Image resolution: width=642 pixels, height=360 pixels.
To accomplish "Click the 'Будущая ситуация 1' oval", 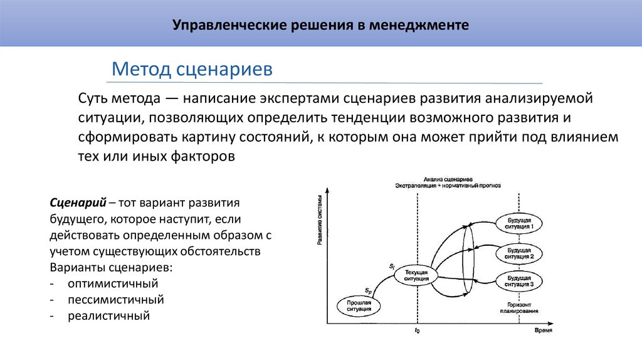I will click(x=520, y=224).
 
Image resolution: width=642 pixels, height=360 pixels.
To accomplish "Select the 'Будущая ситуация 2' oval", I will click(x=520, y=253).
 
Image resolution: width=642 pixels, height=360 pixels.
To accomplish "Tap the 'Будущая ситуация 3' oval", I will click(x=520, y=281).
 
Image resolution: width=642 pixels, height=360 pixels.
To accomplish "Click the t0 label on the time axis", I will click(x=417, y=331).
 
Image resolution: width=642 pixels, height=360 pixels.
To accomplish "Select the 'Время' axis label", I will click(x=543, y=331).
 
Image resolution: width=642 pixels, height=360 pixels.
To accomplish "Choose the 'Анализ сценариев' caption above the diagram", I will click(x=448, y=179).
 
